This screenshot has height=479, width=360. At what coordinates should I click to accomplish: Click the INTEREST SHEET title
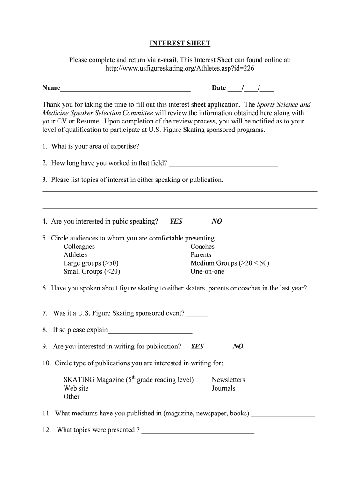(x=180, y=44)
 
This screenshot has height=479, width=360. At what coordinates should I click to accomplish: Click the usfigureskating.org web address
(x=180, y=68)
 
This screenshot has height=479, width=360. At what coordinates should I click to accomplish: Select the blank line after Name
(x=125, y=88)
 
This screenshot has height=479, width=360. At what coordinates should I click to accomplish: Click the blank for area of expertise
(x=192, y=147)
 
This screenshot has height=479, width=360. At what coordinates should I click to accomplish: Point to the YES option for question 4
(x=176, y=221)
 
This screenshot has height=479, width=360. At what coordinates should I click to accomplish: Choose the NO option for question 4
(x=216, y=221)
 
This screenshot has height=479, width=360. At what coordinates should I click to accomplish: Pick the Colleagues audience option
(x=79, y=247)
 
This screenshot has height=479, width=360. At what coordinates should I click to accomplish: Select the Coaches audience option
(x=202, y=247)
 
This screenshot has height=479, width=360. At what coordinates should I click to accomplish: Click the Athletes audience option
(x=75, y=255)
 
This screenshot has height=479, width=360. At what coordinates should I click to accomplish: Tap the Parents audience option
(x=201, y=255)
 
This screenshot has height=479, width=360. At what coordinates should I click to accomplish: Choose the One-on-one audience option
(x=207, y=271)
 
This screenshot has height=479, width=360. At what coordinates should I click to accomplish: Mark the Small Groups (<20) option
(x=92, y=271)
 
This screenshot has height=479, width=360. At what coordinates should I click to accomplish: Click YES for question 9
(x=197, y=347)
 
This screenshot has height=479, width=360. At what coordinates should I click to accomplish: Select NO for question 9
(x=238, y=347)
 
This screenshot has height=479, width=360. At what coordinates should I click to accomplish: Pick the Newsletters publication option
(x=228, y=380)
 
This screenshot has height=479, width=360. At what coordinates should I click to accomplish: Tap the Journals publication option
(x=223, y=388)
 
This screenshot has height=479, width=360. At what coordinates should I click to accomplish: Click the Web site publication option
(x=76, y=388)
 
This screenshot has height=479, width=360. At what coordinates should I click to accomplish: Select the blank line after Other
(x=122, y=398)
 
